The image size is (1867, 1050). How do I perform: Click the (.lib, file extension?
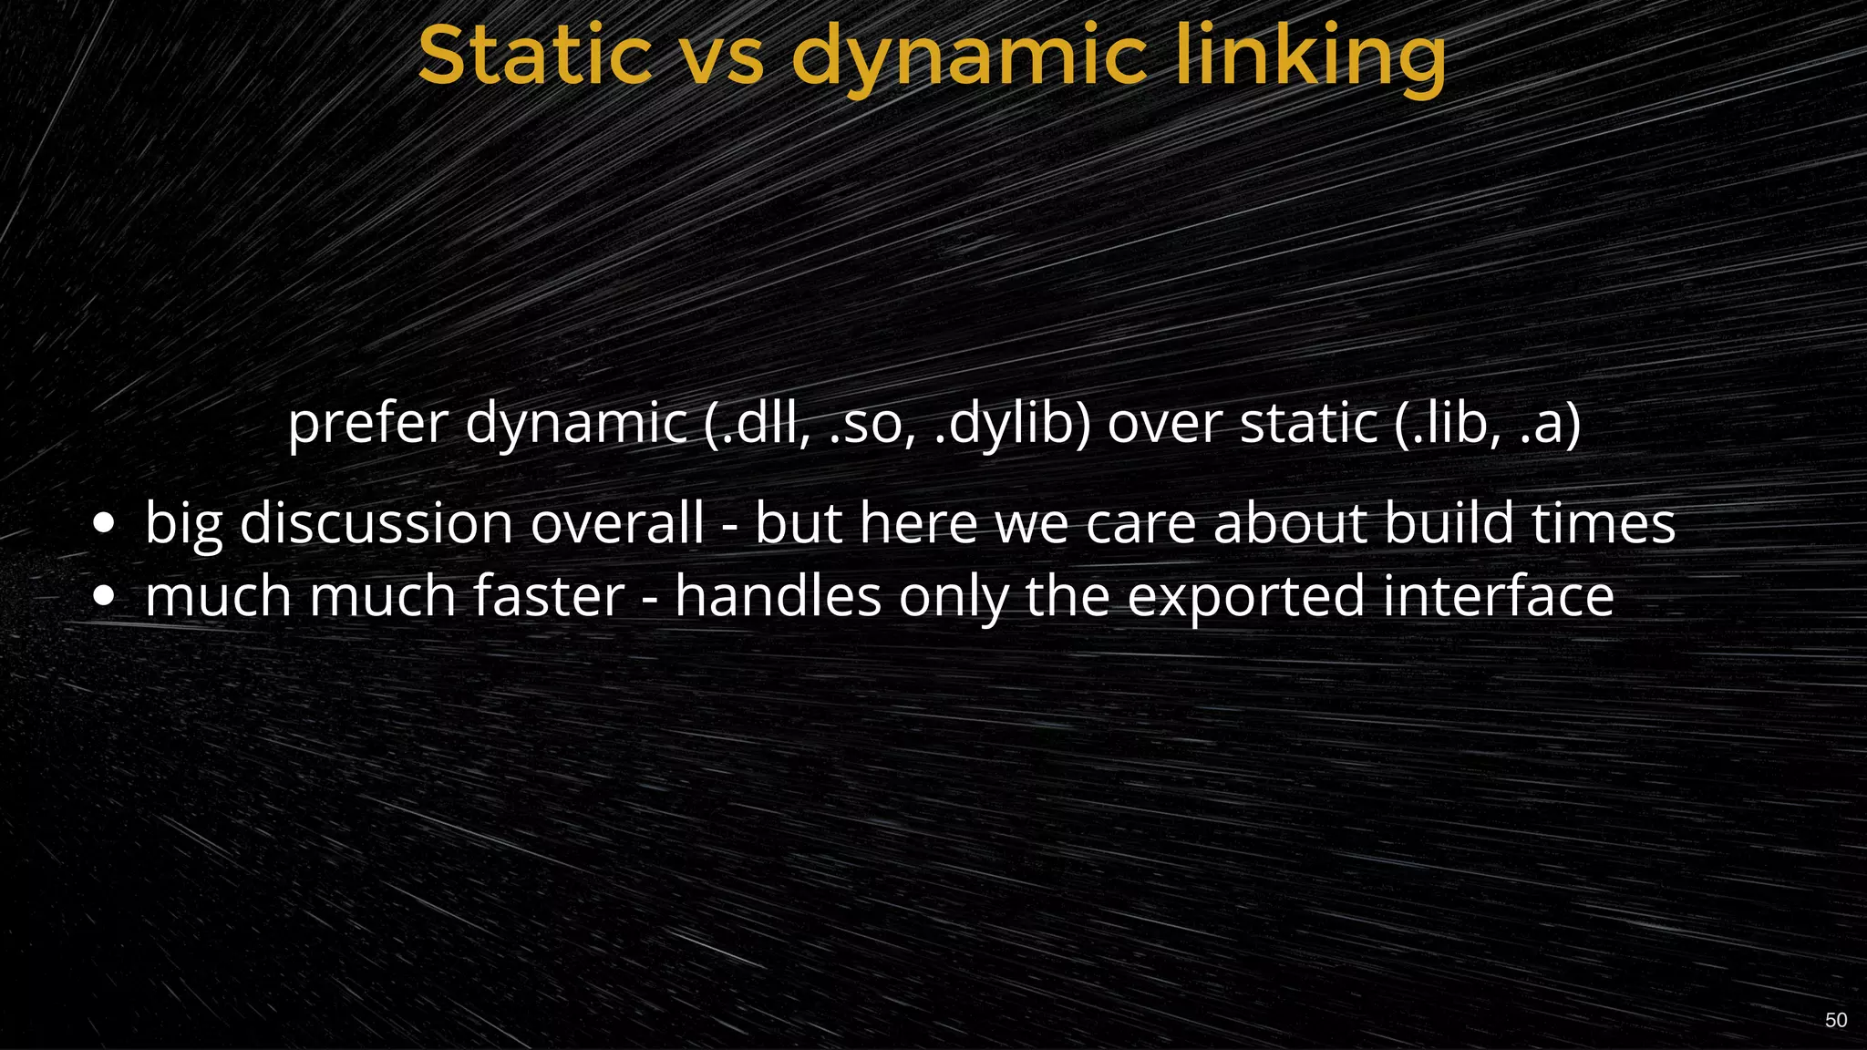coord(1449,424)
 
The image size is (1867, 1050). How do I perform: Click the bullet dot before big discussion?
coord(104,524)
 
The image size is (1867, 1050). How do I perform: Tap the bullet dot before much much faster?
coord(104,597)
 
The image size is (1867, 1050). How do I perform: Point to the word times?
coord(1604,524)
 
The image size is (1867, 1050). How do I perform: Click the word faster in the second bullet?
coord(549,597)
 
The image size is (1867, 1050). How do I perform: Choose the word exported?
coord(1246,597)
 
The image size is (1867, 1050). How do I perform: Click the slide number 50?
coord(1836,1020)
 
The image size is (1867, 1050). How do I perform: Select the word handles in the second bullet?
coord(778,597)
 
